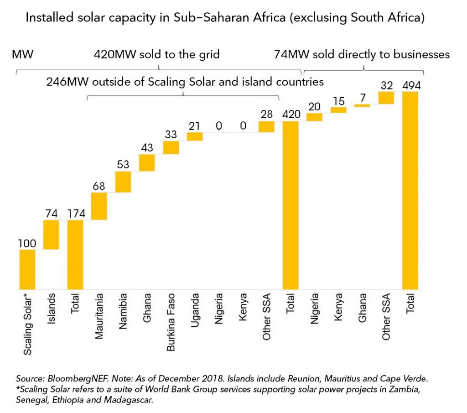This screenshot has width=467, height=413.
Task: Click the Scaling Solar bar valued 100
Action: (x=27, y=269)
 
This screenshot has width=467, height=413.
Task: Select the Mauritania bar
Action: (x=99, y=206)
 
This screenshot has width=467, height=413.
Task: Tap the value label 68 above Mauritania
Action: (x=99, y=186)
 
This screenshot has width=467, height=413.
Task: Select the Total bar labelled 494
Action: (x=410, y=190)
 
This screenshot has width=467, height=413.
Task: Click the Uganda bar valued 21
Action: (x=195, y=136)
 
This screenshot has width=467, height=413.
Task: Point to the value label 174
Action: (x=75, y=214)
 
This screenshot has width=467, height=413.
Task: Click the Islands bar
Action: (x=51, y=235)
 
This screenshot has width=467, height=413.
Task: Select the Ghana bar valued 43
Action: (x=147, y=162)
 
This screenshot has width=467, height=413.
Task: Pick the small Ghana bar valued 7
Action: (x=362, y=105)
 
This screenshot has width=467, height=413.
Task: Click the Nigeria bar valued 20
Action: (x=314, y=117)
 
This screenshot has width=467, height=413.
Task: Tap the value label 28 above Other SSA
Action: (x=266, y=114)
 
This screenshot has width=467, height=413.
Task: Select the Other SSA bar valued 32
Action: (x=386, y=98)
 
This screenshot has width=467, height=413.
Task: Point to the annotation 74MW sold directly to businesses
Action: (x=362, y=54)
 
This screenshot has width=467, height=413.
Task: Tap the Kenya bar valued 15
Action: (x=338, y=110)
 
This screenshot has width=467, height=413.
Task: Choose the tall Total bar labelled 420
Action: (x=291, y=205)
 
